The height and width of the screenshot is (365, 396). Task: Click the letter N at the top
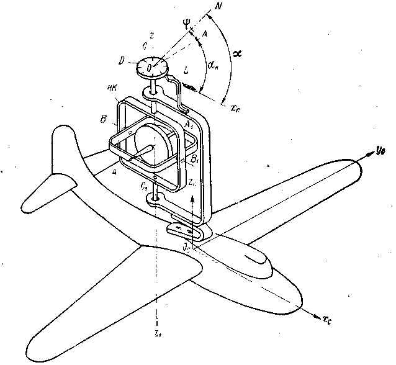(x=218, y=7)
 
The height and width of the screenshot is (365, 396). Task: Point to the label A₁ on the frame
(x=190, y=126)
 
